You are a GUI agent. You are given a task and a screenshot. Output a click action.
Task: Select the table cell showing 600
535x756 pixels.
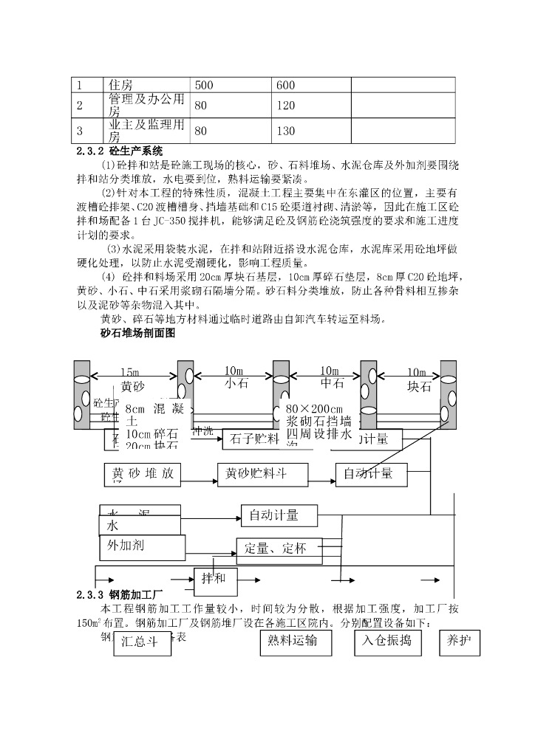tap(310, 86)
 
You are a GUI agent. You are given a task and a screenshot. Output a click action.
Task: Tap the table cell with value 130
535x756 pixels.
tap(310, 131)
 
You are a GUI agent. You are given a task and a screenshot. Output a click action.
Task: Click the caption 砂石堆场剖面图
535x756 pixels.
tap(137, 334)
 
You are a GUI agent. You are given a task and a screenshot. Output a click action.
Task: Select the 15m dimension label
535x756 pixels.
tap(129, 371)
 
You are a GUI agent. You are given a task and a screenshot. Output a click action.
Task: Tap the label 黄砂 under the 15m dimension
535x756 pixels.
tap(133, 386)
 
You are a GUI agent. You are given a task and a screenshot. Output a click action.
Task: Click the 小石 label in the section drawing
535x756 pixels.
tap(234, 384)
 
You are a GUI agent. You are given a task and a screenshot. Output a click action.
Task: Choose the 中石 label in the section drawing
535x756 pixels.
tap(333, 384)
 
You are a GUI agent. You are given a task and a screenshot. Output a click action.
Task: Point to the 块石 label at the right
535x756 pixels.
tap(418, 386)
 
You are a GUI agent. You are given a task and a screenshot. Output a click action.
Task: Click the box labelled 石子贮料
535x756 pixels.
tap(253, 439)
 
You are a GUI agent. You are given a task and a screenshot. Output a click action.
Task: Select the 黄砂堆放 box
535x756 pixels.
tap(143, 474)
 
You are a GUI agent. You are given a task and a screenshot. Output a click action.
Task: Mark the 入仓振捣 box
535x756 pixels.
tap(387, 642)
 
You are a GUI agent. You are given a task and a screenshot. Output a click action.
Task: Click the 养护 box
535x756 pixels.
tap(458, 642)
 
